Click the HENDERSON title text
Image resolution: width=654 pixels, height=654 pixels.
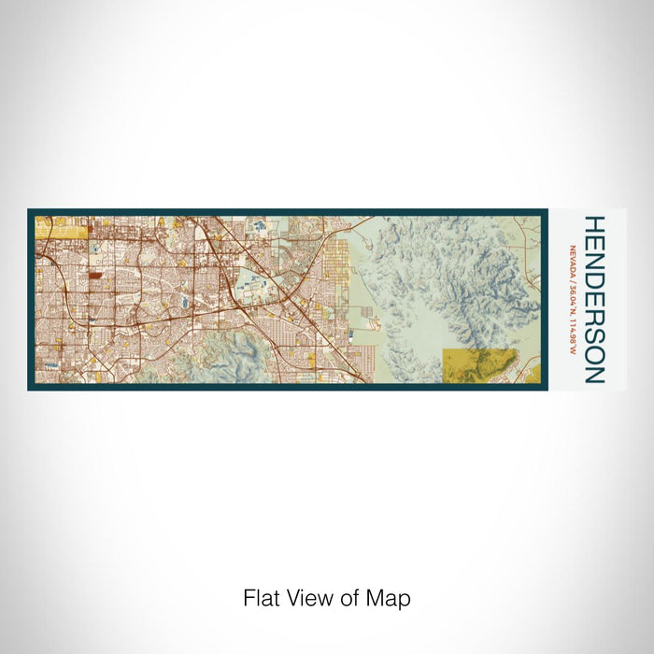[x=594, y=300]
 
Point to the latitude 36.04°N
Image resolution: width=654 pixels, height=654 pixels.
[x=571, y=295]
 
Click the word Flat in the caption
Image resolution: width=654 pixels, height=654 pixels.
[x=261, y=598]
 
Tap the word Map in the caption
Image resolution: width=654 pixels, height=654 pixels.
[x=389, y=598]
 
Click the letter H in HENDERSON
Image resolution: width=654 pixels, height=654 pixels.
[x=594, y=225]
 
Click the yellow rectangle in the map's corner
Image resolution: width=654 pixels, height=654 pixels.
[x=61, y=227]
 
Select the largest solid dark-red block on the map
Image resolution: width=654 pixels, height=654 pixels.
[x=97, y=277]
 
